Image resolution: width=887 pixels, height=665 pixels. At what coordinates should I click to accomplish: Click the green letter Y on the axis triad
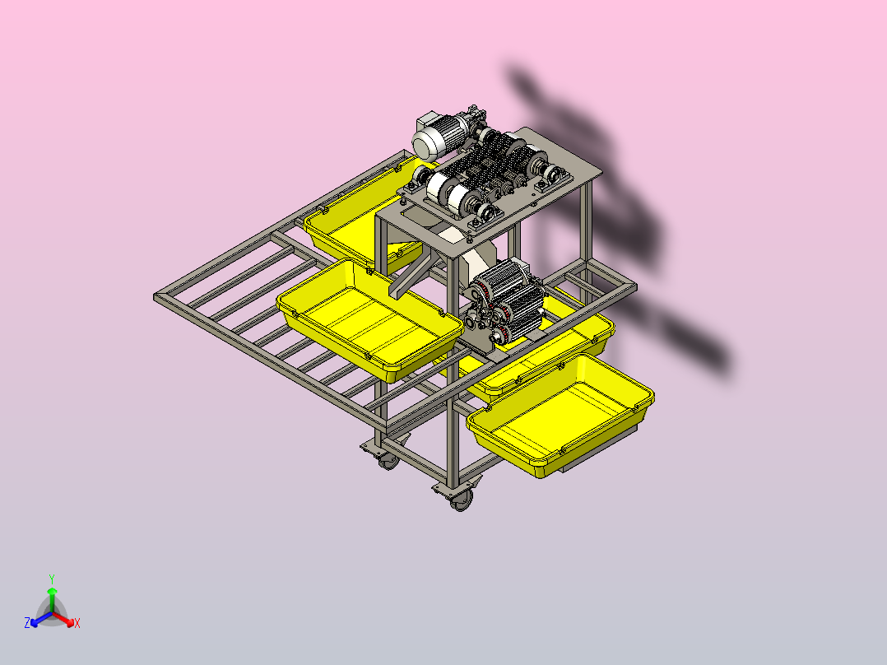tap(52, 579)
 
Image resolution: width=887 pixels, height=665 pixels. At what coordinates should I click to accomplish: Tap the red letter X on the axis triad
tap(77, 623)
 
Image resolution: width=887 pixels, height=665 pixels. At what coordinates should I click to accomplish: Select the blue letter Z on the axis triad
tap(27, 622)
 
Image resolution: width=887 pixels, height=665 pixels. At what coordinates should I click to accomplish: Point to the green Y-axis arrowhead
tap(52, 590)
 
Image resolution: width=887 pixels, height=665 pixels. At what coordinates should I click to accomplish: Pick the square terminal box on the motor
tap(427, 123)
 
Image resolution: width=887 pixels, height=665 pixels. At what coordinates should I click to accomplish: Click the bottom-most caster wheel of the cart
tap(461, 500)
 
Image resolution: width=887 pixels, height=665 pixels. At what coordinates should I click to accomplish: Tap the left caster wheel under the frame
tap(388, 461)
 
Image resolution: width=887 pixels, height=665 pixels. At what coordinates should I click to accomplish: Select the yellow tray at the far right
tap(560, 416)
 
